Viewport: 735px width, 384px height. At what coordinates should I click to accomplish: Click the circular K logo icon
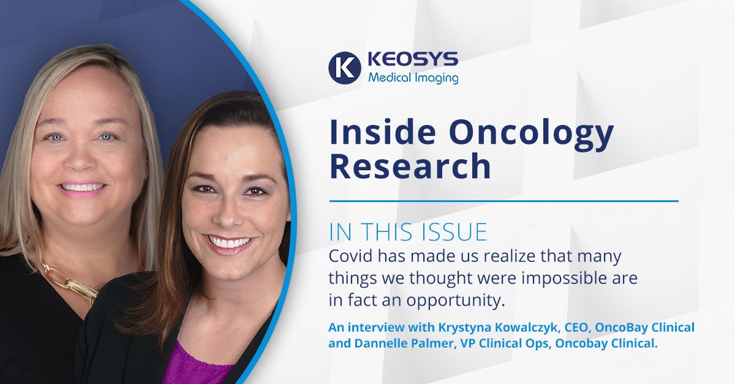344,68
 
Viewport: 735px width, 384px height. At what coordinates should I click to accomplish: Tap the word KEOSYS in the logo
413,59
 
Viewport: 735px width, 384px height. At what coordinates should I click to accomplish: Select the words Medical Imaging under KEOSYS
413,78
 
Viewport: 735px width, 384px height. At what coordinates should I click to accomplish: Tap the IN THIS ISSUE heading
408,232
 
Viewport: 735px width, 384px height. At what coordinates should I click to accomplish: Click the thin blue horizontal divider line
503,201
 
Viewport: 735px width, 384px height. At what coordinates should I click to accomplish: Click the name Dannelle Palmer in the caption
405,344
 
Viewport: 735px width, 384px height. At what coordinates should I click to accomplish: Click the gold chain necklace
68,281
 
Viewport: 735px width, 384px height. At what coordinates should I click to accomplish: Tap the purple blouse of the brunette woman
197,364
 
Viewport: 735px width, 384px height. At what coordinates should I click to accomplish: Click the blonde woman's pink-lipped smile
82,189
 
